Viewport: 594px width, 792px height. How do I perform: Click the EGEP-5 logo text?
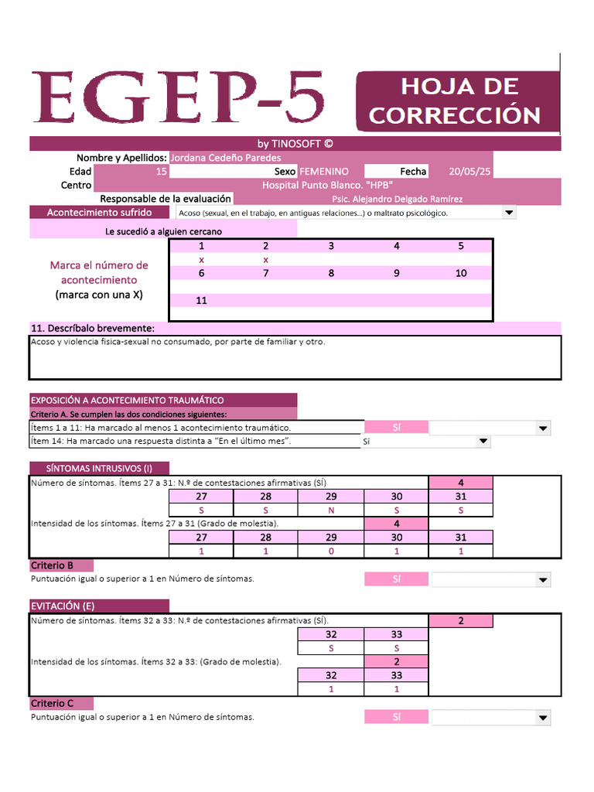tap(177, 99)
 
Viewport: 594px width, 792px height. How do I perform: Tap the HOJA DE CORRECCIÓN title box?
tap(456, 101)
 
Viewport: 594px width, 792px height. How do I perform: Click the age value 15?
tap(161, 172)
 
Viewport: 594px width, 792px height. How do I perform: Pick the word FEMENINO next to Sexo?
tap(324, 172)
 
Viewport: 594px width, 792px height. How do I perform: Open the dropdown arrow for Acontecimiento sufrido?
tap(508, 213)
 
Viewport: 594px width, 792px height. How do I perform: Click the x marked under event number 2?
tap(266, 260)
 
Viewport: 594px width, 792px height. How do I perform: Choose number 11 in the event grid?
tap(201, 301)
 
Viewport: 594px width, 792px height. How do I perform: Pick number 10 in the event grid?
tap(461, 273)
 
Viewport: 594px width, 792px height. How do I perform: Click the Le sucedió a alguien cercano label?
tap(163, 231)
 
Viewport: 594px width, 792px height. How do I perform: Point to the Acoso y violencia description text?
tap(178, 341)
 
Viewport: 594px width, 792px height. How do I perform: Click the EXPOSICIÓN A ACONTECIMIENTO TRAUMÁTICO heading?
tap(127, 400)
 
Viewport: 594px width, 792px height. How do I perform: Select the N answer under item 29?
tap(331, 510)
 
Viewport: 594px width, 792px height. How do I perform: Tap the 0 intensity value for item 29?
tap(331, 551)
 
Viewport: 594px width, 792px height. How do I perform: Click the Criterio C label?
tap(53, 704)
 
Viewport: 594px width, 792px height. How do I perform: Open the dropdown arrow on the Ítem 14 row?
tap(483, 442)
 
